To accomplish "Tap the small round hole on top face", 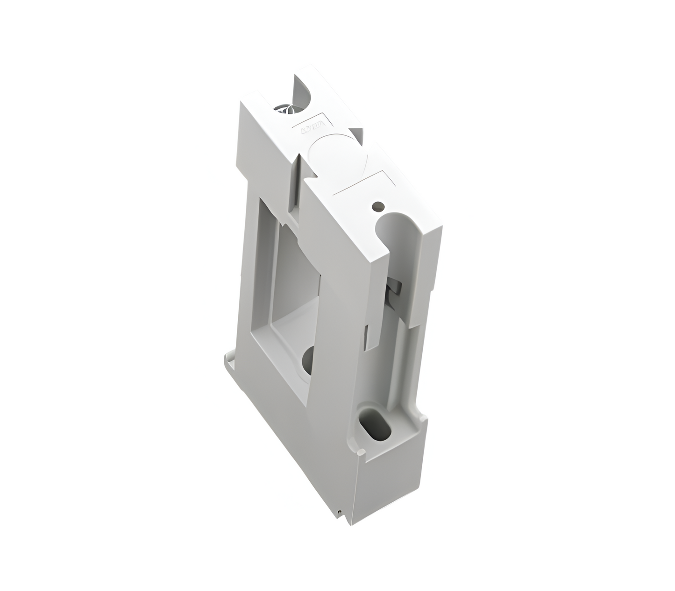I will (378, 205).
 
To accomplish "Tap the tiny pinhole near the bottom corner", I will (337, 515).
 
